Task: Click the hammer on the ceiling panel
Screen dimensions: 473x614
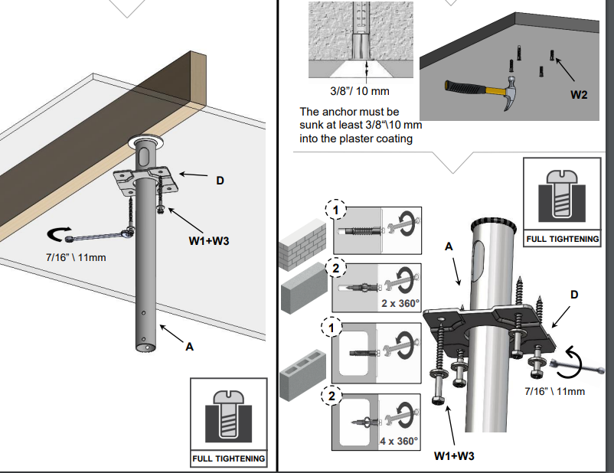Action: pos(482,93)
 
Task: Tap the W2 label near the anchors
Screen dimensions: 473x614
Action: pos(580,96)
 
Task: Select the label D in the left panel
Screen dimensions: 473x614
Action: pos(220,181)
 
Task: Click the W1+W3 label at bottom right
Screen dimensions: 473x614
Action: pos(453,456)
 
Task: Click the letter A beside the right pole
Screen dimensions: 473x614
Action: pos(449,246)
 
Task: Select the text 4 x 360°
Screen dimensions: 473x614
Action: pos(399,441)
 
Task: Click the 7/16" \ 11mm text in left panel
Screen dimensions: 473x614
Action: pos(75,256)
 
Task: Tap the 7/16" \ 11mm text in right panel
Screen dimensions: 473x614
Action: pos(555,392)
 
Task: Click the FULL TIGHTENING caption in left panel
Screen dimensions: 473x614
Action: pos(229,459)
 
